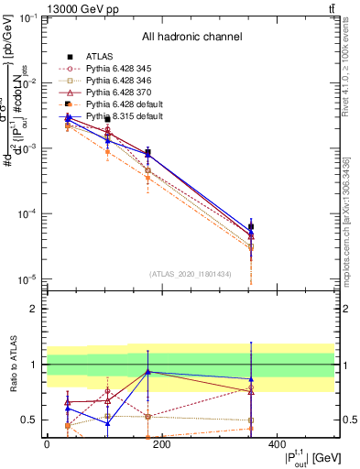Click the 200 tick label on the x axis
tap(162, 444)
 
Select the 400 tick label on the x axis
tap(278, 444)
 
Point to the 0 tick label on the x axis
tap(47, 444)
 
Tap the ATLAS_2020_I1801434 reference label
tap(191, 274)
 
